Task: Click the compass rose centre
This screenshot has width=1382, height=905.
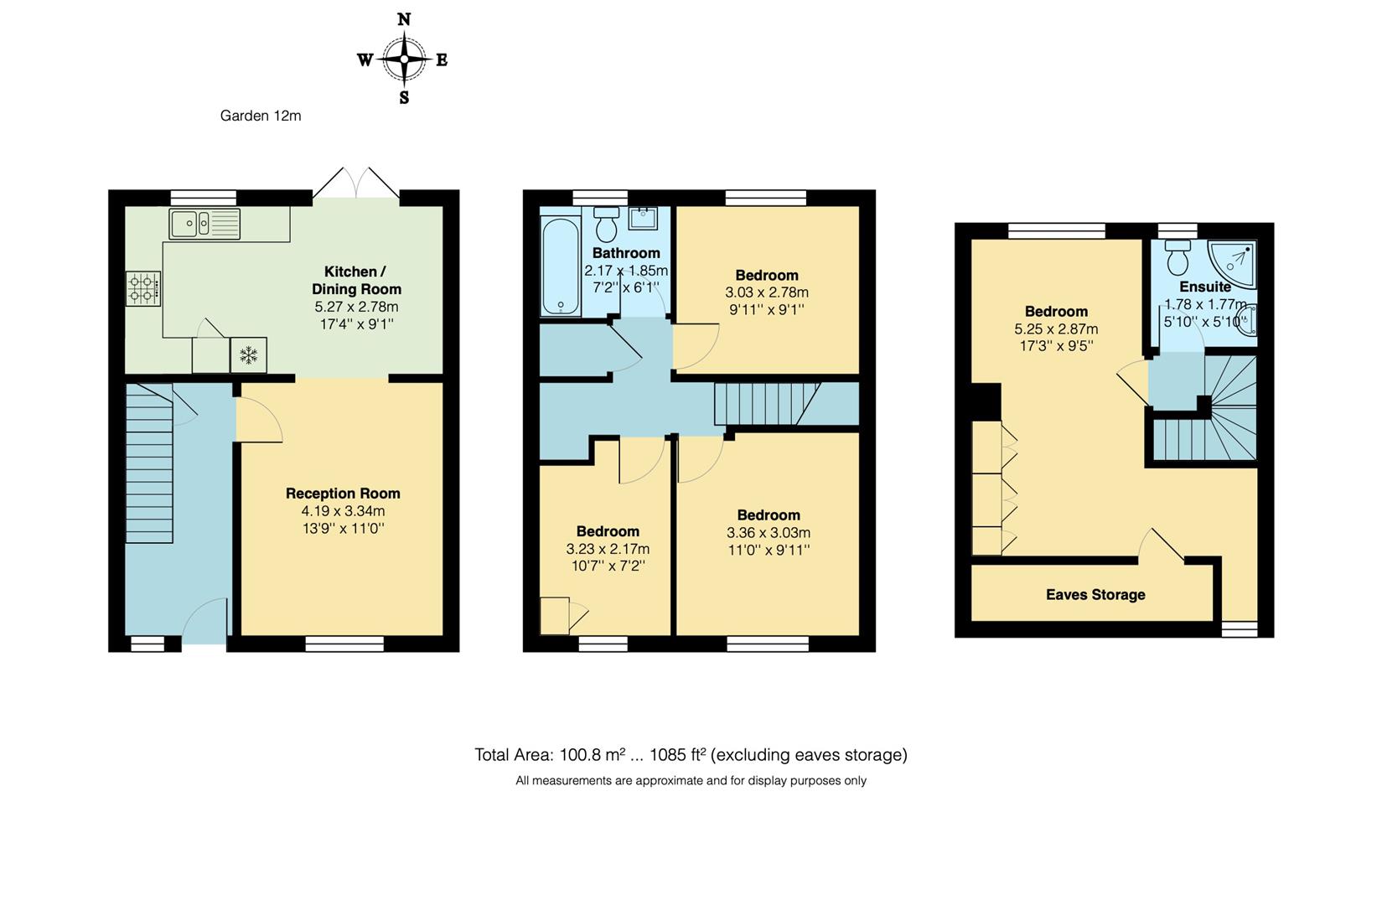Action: [x=405, y=59]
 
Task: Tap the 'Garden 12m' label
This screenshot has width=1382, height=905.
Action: [x=260, y=116]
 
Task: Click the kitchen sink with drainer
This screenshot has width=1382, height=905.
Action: [x=204, y=224]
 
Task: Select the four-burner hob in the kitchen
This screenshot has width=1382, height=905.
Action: [x=143, y=288]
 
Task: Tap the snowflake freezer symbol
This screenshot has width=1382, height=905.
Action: [x=249, y=355]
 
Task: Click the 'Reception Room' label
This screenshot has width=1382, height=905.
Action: [x=343, y=494]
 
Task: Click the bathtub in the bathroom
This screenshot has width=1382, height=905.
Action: [x=560, y=266]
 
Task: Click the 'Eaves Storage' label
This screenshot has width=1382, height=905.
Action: [x=1095, y=595]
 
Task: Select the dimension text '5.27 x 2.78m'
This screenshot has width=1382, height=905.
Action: [x=357, y=307]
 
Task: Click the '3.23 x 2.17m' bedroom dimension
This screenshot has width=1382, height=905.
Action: [x=608, y=550]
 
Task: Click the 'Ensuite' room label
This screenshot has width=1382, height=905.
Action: [x=1204, y=287]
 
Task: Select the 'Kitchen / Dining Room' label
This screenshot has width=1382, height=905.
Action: [x=357, y=280]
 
